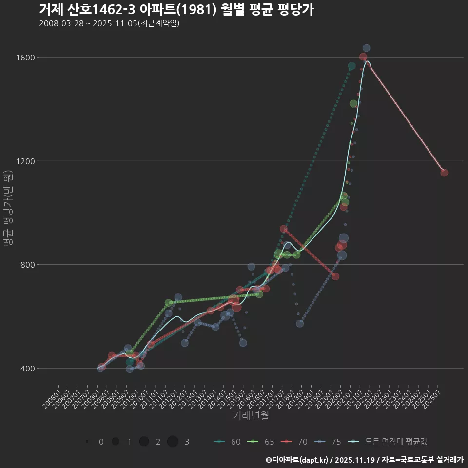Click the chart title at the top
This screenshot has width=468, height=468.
(x=176, y=9)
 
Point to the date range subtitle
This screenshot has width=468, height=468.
(x=109, y=23)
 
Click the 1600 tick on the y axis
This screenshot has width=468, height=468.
(x=28, y=58)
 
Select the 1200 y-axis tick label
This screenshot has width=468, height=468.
(x=28, y=161)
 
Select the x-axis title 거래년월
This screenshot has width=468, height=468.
(x=251, y=415)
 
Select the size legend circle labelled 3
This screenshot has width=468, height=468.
(x=173, y=442)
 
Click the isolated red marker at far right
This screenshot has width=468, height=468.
(x=444, y=173)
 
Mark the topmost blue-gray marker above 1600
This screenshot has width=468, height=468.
(x=366, y=48)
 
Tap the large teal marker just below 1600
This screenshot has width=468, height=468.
(x=352, y=66)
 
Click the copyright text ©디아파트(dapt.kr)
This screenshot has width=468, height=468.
(x=298, y=459)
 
